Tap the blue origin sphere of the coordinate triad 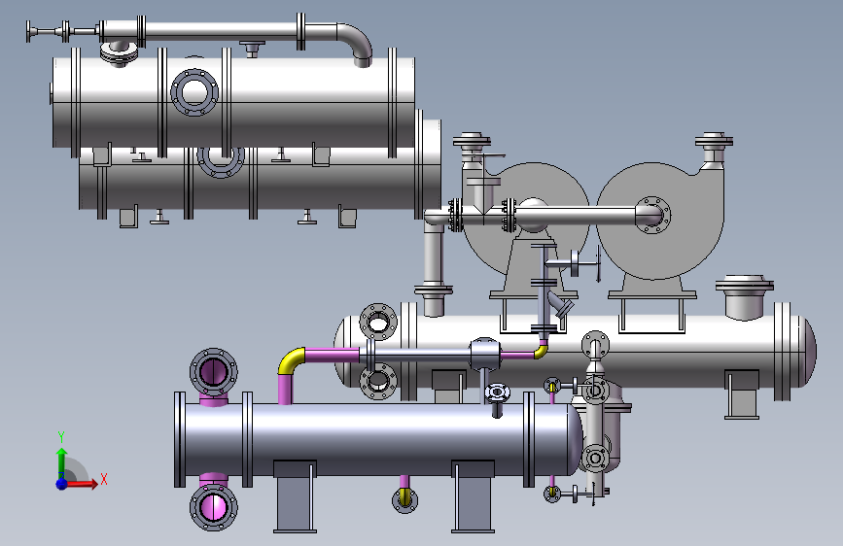pyautogui.click(x=62, y=484)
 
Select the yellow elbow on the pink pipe pyautogui.click(x=291, y=360)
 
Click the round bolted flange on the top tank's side pyautogui.click(x=194, y=92)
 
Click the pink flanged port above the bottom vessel pyautogui.click(x=214, y=372)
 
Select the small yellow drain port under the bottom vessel pyautogui.click(x=404, y=499)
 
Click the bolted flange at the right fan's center pyautogui.click(x=652, y=215)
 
